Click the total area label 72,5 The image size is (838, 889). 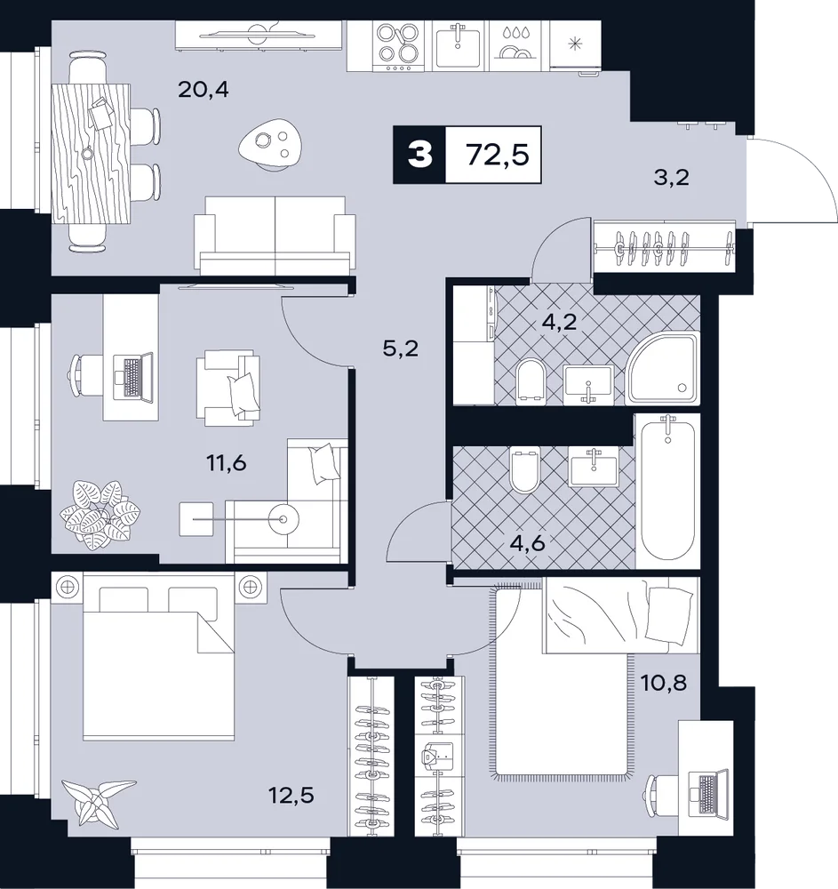pos(498,154)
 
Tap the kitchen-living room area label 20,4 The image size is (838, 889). pos(204,89)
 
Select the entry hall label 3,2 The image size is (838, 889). pos(672,178)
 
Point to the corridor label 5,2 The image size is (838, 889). pos(401,348)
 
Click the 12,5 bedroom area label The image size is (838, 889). pos(291,795)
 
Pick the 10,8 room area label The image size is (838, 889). pos(664,683)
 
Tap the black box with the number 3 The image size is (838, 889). pos(419,155)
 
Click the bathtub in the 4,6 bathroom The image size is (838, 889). pos(666,491)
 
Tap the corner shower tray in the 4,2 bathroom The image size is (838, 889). pos(662,369)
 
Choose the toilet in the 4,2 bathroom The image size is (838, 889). pos(531,381)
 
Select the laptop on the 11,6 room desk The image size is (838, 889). pos(133,377)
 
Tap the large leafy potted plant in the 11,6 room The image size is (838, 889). pos(100,512)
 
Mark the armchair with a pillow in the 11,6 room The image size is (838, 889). pos(229,387)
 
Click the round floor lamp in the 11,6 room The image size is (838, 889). pos(283,519)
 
